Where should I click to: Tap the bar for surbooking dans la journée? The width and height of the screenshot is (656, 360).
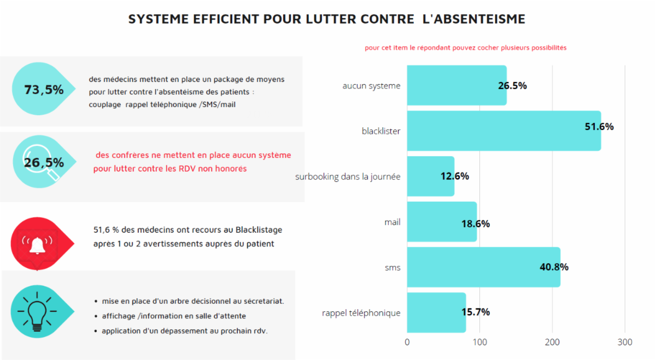pyautogui.click(x=430, y=176)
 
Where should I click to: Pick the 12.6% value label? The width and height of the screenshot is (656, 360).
pyautogui.click(x=455, y=176)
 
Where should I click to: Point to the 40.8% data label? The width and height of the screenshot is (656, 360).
pyautogui.click(x=554, y=267)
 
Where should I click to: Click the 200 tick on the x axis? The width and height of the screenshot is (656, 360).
pyautogui.click(x=552, y=343)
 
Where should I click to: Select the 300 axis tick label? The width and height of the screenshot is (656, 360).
pyautogui.click(x=625, y=343)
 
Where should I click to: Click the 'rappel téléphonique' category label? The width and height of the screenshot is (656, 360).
pyautogui.click(x=361, y=313)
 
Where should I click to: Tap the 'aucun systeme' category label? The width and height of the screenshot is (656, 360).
pyautogui.click(x=371, y=86)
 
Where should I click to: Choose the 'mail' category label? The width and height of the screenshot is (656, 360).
pyautogui.click(x=392, y=222)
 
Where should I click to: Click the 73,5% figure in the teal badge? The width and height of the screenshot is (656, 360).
pyautogui.click(x=44, y=90)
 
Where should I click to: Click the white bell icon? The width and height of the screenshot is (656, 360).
pyautogui.click(x=37, y=244)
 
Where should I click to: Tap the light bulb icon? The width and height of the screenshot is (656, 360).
pyautogui.click(x=37, y=311)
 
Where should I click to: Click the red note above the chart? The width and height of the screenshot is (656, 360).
pyautogui.click(x=465, y=48)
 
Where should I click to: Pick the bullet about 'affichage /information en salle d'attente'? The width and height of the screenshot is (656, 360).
pyautogui.click(x=173, y=316)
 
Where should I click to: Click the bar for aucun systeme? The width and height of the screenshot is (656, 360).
pyautogui.click(x=456, y=86)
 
